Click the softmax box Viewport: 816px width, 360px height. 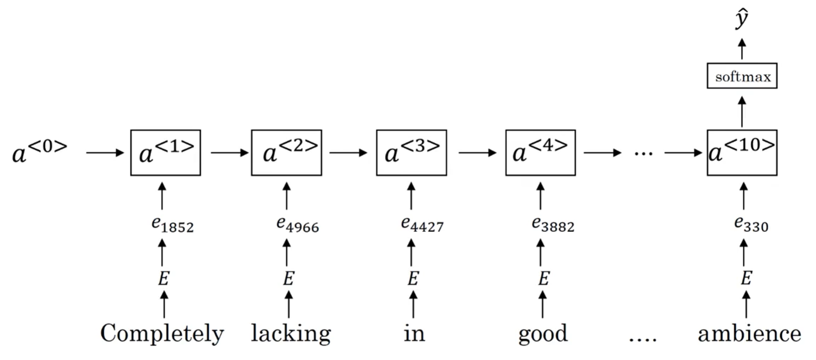pyautogui.click(x=742, y=76)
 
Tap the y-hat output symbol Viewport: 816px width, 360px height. pyautogui.click(x=742, y=19)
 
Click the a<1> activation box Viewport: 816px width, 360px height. pyautogui.click(x=166, y=153)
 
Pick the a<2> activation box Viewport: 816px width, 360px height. pyautogui.click(x=286, y=153)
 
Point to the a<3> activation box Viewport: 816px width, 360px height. pyautogui.click(x=412, y=153)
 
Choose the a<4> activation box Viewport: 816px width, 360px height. pyautogui.click(x=541, y=153)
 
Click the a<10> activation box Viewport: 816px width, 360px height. pyautogui.click(x=742, y=153)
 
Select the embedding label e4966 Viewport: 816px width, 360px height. pyautogui.click(x=298, y=224)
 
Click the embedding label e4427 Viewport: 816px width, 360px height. pyautogui.click(x=422, y=224)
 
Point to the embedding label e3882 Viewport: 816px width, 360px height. pyautogui.click(x=553, y=224)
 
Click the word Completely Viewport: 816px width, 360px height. pyautogui.click(x=162, y=333)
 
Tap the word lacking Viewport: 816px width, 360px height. pyautogui.click(x=291, y=333)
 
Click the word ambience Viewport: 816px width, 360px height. pyautogui.click(x=749, y=333)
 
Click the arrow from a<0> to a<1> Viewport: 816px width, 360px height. pyautogui.click(x=105, y=153)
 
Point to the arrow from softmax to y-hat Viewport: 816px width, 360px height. pyautogui.click(x=742, y=49)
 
